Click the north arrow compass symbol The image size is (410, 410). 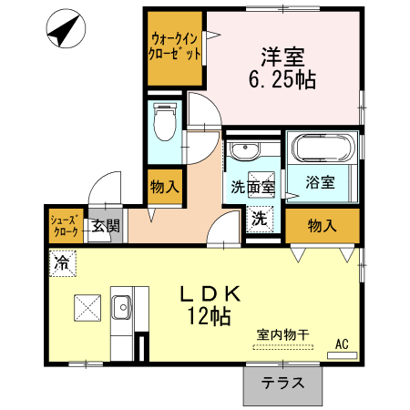click(x=66, y=28)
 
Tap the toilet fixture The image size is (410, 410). click(x=165, y=121)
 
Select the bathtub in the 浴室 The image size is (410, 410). click(x=323, y=147)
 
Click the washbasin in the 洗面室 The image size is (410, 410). click(x=244, y=149)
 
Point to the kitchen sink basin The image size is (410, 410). click(x=122, y=307)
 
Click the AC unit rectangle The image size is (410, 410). click(x=342, y=355)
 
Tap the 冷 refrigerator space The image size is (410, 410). click(x=62, y=263)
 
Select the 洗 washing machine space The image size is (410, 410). click(x=260, y=219)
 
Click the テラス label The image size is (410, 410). click(x=282, y=383)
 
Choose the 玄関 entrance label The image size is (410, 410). click(x=106, y=226)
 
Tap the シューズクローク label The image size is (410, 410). click(x=66, y=225)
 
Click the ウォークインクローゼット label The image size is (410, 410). click(x=175, y=46)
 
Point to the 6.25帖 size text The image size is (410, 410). click(x=282, y=80)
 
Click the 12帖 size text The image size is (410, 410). click(x=210, y=316)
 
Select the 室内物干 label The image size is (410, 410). click(x=282, y=335)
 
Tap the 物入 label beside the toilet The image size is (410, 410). click(x=165, y=186)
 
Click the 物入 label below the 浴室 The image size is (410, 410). click(x=323, y=226)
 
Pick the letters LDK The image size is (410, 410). click(x=210, y=293)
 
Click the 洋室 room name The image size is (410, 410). click(x=282, y=57)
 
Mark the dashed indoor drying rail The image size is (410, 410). click(x=283, y=347)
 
